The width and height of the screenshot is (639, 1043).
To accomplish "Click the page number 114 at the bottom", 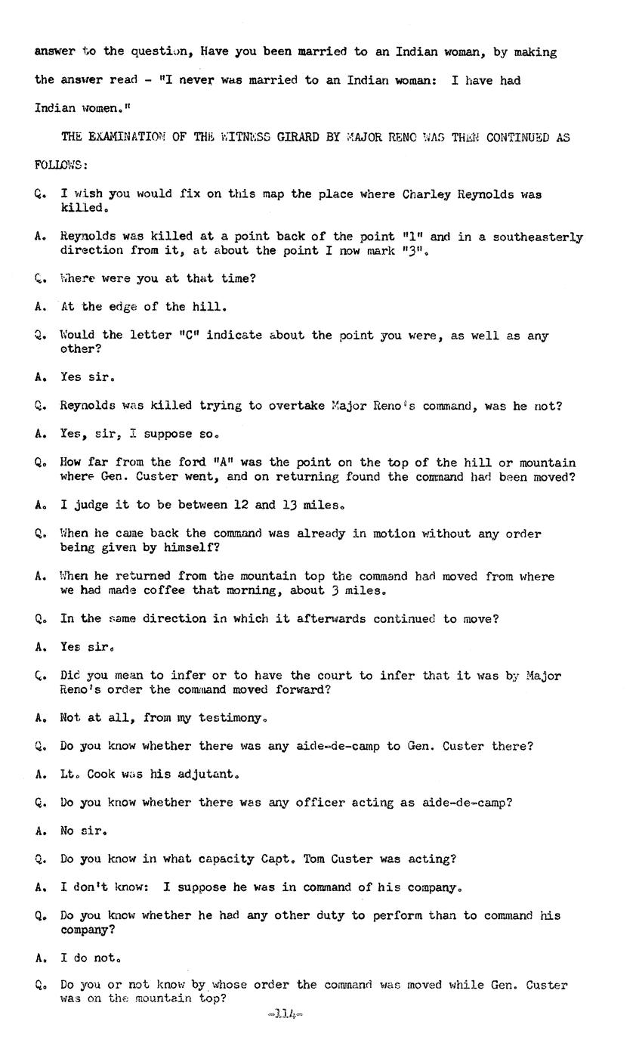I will [x=285, y=1014].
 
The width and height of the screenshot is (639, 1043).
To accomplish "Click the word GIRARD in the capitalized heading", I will [x=290, y=138].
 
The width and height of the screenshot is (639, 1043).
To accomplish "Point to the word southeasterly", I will [x=538, y=237].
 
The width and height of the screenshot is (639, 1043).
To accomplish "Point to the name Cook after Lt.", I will [x=100, y=775].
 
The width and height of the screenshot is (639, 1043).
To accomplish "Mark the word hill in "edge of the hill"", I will [x=211, y=307].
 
